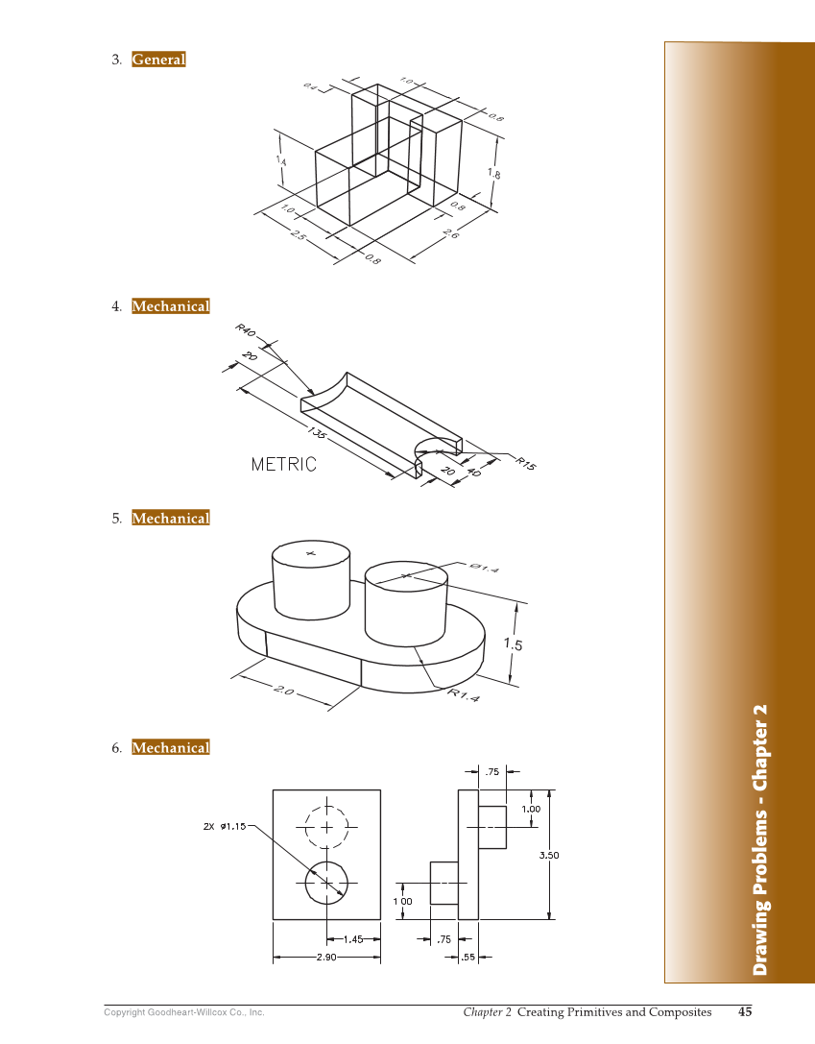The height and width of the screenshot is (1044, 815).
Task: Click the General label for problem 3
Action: click(158, 60)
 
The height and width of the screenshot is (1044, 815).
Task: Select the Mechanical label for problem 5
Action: click(170, 519)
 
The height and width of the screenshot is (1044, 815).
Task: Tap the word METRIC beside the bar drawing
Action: click(283, 464)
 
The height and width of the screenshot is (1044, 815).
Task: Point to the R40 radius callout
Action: click(246, 330)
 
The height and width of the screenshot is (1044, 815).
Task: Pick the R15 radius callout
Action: click(525, 463)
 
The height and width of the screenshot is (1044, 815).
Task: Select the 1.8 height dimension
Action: click(493, 174)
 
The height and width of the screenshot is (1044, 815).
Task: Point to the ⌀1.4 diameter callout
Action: click(485, 568)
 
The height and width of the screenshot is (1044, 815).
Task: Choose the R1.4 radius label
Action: click(464, 693)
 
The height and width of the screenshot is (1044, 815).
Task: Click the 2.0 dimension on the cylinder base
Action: click(284, 690)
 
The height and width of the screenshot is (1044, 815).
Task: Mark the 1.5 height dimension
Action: click(514, 644)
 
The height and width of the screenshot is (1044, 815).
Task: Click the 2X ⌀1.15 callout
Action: click(225, 826)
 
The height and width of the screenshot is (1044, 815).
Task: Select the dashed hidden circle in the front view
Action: click(326, 826)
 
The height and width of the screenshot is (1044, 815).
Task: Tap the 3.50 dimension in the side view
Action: click(548, 854)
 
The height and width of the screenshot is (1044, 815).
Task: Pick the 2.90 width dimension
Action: click(326, 958)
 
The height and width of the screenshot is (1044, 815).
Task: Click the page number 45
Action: click(745, 1011)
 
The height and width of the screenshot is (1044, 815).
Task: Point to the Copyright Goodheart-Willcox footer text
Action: click(183, 1012)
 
